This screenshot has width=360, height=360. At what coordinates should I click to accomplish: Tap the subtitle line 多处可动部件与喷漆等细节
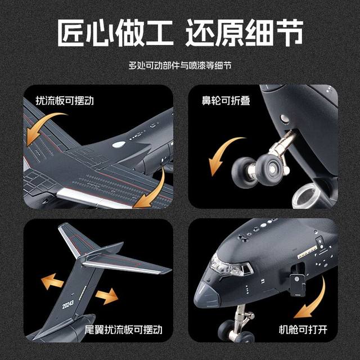(180, 66)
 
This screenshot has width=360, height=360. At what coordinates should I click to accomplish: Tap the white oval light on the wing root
(118, 145)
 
